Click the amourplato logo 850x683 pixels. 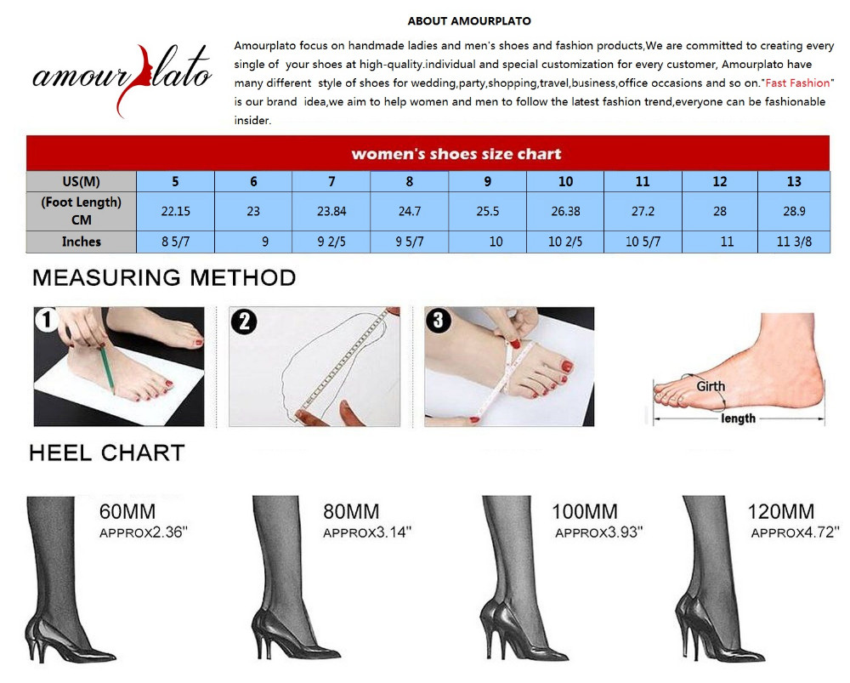pyautogui.click(x=122, y=79)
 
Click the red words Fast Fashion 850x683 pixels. pyautogui.click(x=797, y=83)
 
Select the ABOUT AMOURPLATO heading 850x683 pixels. pyautogui.click(x=469, y=21)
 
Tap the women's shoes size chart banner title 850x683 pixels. pyautogui.click(x=456, y=154)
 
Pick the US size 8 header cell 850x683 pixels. pyautogui.click(x=410, y=182)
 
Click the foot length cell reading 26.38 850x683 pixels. pyautogui.click(x=565, y=211)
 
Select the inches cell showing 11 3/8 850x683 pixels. pyautogui.click(x=794, y=242)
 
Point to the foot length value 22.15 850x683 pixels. pyautogui.click(x=176, y=211)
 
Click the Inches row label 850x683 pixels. pyautogui.click(x=82, y=242)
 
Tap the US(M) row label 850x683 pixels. pyautogui.click(x=82, y=182)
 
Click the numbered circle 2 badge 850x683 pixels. pyautogui.click(x=245, y=322)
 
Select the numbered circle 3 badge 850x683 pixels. pyautogui.click(x=439, y=320)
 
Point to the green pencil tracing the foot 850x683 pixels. pyautogui.click(x=106, y=367)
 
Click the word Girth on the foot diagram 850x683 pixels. pyautogui.click(x=711, y=386)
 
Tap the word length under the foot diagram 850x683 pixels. pyautogui.click(x=739, y=418)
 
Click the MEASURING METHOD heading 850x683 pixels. pyautogui.click(x=164, y=278)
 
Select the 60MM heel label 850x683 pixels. pyautogui.click(x=127, y=511)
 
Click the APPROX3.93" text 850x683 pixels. pyautogui.click(x=599, y=532)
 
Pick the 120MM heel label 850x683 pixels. pyautogui.click(x=781, y=511)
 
